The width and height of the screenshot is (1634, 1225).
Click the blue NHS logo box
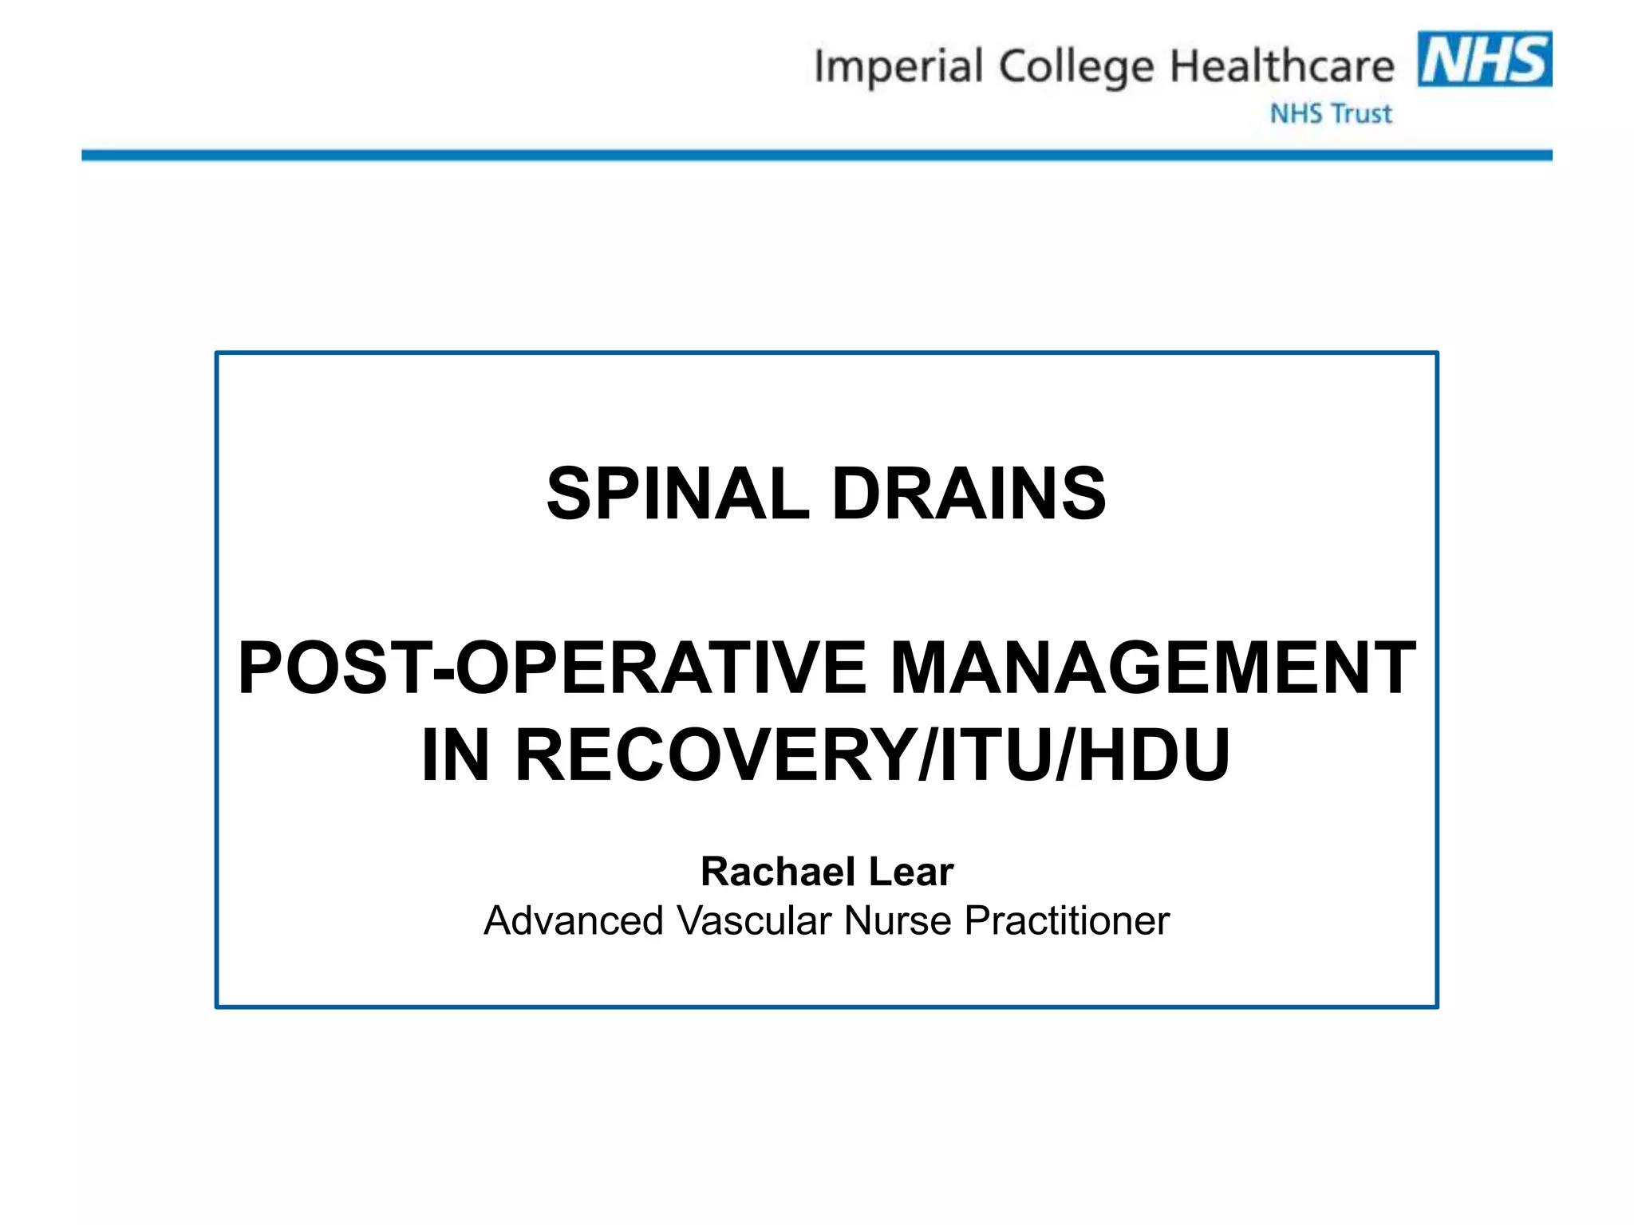coord(1484,59)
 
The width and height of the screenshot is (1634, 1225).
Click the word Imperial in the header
coord(898,67)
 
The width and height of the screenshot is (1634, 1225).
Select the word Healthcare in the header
coord(1281,66)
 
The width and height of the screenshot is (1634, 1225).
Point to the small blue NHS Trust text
coord(1331,114)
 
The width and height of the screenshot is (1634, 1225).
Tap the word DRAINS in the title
coord(969,494)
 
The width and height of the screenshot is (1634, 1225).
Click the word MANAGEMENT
coord(1152,668)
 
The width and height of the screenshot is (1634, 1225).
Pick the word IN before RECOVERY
coord(455,755)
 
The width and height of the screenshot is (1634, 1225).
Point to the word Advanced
coord(574,921)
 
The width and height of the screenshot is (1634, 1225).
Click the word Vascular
coord(754,921)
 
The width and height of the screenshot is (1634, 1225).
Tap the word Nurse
coord(898,921)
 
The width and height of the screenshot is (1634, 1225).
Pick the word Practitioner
coord(1067,921)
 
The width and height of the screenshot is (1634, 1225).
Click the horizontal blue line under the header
coord(817,156)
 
